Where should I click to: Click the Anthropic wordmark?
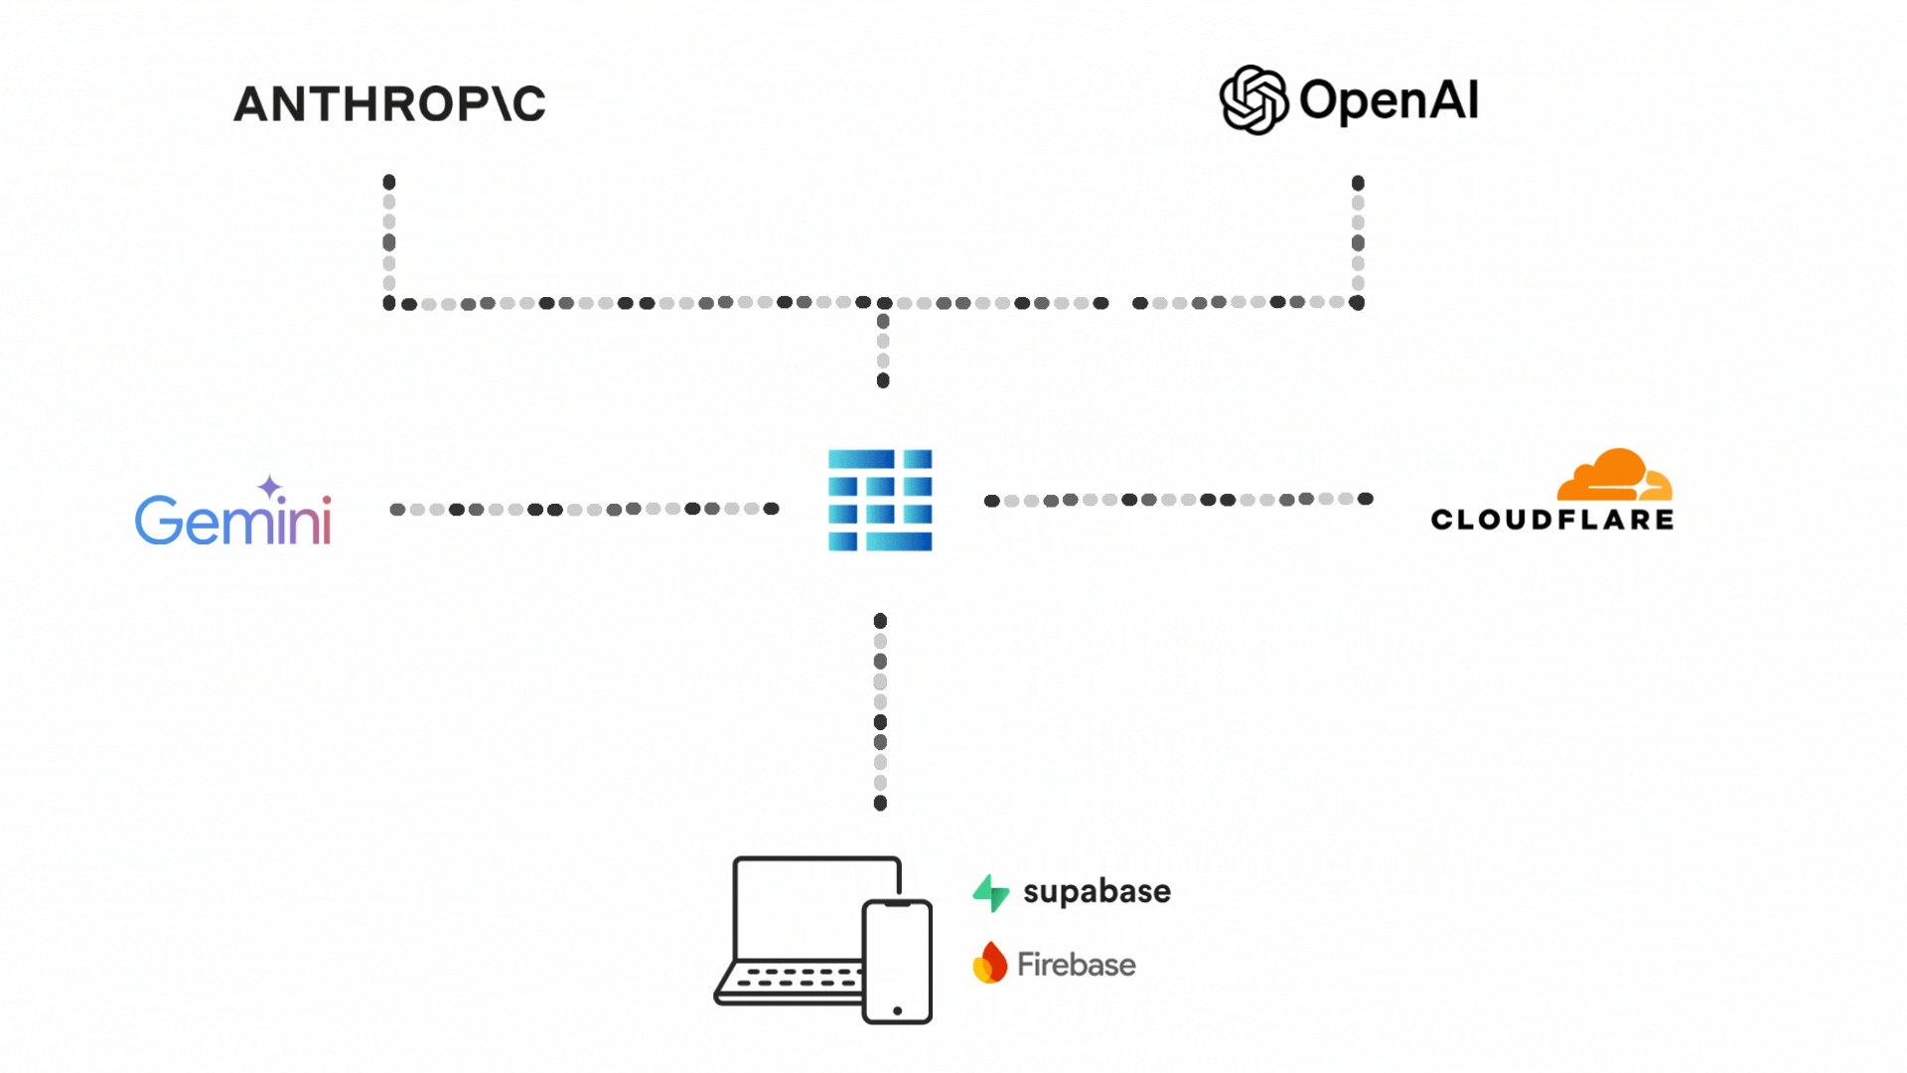click(389, 103)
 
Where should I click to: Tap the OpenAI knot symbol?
click(1253, 99)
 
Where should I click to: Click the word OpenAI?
click(1389, 100)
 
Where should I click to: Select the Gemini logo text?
click(232, 520)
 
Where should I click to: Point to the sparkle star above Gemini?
click(270, 488)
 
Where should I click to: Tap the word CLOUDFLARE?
click(1552, 520)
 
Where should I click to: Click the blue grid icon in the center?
click(880, 500)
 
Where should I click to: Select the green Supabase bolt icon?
click(991, 892)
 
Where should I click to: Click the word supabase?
click(1097, 891)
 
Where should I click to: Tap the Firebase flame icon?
click(989, 963)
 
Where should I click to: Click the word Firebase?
click(1076, 965)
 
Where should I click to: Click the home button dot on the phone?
click(897, 1010)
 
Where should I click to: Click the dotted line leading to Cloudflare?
click(1178, 500)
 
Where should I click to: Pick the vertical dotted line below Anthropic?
click(389, 242)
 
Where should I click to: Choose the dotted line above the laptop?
click(880, 711)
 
